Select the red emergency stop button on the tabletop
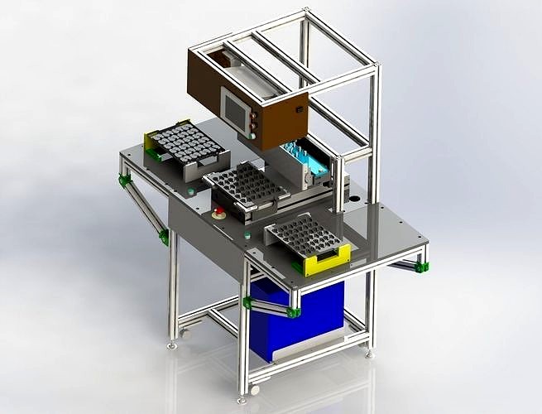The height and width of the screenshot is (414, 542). (x=219, y=214)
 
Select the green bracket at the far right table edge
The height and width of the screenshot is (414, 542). (x=422, y=267)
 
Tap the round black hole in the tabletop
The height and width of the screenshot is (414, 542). (x=357, y=200)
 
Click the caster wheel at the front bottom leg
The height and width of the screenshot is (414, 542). (x=254, y=388)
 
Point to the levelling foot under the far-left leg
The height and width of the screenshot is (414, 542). (x=172, y=344)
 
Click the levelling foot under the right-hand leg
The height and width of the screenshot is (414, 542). (x=370, y=354)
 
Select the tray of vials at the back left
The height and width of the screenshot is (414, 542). (x=186, y=144)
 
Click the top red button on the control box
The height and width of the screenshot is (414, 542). (x=253, y=117)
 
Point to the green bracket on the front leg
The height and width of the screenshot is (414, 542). (x=247, y=302)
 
